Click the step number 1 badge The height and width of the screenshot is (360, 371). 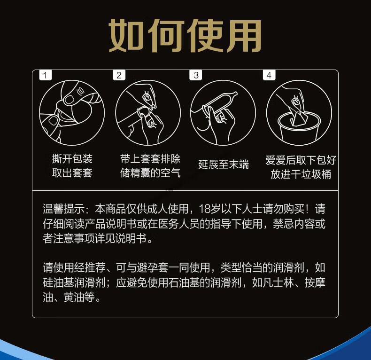tap(45, 75)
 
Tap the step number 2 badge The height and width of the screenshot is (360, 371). tap(119, 75)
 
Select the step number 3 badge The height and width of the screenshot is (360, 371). tap(196, 75)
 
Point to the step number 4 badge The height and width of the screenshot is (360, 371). tap(269, 75)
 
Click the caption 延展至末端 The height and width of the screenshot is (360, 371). tap(224, 164)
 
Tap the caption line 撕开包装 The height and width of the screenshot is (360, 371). tap(72, 158)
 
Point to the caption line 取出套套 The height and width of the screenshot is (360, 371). tap(72, 173)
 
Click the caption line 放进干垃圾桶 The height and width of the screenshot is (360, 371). tap(301, 174)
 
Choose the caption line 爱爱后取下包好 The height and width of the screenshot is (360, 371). tap(301, 160)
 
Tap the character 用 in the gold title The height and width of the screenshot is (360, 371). tap(243, 36)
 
